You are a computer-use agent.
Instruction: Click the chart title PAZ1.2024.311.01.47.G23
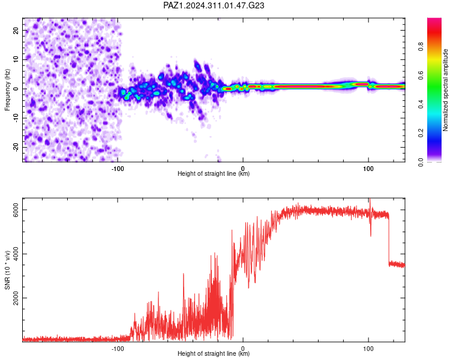click(x=214, y=5)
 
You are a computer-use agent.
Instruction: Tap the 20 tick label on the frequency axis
click(x=16, y=30)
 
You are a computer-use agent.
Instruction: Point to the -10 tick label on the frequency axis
click(x=16, y=118)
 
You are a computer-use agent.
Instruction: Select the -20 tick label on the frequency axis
click(x=16, y=147)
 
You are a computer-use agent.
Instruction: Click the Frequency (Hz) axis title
click(x=7, y=89)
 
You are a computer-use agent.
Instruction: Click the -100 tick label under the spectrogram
click(x=118, y=169)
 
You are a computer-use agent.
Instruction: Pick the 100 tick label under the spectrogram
click(x=368, y=169)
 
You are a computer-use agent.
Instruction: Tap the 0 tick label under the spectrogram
click(x=243, y=169)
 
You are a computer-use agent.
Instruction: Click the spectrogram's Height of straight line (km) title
click(x=214, y=173)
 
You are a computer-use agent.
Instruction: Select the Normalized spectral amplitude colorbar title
click(x=445, y=90)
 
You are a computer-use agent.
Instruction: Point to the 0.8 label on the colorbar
click(x=421, y=47)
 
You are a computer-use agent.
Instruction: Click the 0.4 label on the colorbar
click(x=421, y=104)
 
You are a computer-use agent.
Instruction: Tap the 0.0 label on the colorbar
click(x=421, y=162)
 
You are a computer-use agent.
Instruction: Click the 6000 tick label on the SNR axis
click(x=16, y=210)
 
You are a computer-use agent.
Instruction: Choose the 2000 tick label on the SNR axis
click(x=16, y=298)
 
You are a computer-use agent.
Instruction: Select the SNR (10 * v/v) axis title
click(x=7, y=270)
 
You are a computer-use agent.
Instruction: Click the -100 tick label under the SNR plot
click(x=118, y=349)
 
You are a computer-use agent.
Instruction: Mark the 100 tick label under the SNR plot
click(x=368, y=349)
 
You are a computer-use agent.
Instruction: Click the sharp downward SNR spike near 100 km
click(x=371, y=227)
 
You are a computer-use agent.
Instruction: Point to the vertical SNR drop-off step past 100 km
click(x=389, y=240)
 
